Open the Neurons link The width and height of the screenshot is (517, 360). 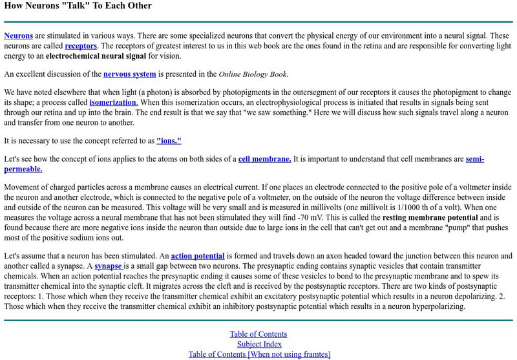[18, 36]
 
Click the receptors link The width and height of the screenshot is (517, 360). [81, 47]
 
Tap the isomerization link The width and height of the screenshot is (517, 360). [113, 103]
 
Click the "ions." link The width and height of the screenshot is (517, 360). [169, 140]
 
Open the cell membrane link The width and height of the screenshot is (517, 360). [264, 159]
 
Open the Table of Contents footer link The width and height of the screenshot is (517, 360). [259, 334]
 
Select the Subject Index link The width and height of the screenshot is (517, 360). [259, 344]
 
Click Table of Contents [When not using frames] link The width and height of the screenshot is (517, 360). [259, 354]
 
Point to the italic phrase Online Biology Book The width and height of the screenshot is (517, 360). [254, 74]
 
